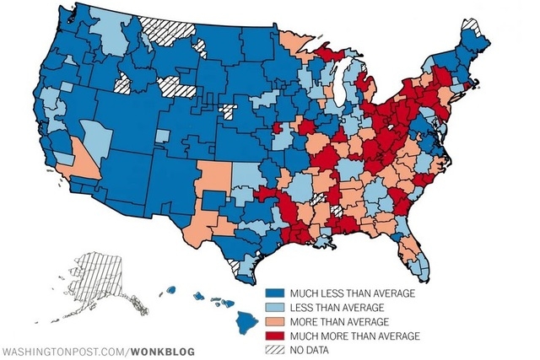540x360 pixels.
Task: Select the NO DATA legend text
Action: click(x=311, y=352)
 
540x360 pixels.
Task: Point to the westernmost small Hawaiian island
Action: click(x=170, y=289)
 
